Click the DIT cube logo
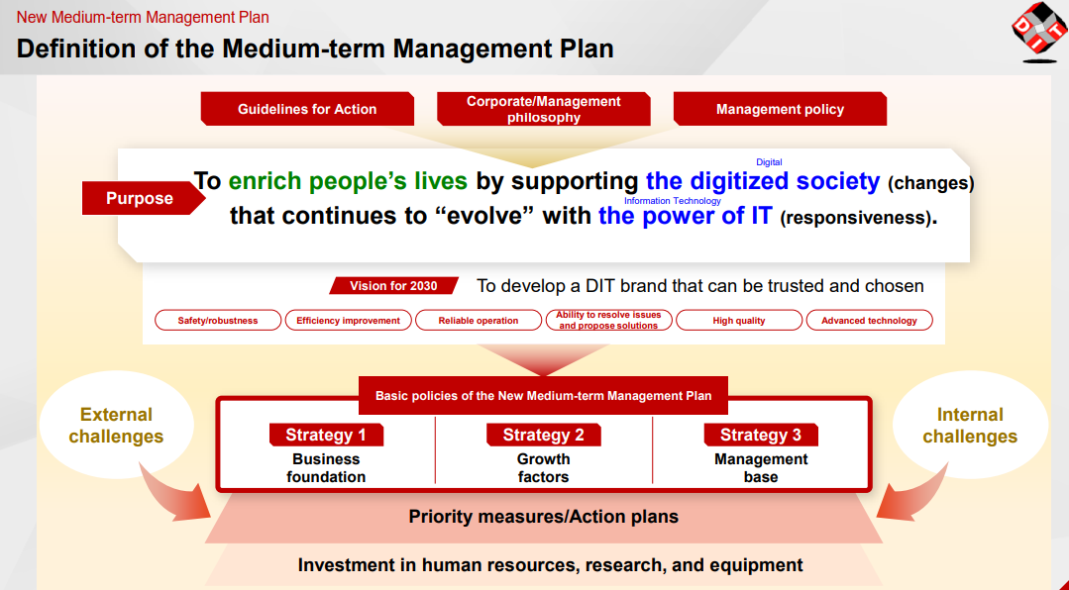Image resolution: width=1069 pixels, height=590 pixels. tap(1039, 32)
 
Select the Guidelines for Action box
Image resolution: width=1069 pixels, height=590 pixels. tap(307, 109)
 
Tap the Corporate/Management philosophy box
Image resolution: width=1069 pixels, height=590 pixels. tap(543, 109)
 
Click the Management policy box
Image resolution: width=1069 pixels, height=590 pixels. tap(780, 109)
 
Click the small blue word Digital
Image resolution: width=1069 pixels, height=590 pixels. tap(769, 162)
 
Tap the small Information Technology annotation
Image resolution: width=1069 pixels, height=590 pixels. tap(673, 201)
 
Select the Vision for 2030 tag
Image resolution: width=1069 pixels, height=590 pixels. tap(393, 285)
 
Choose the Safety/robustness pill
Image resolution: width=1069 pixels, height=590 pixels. tap(218, 320)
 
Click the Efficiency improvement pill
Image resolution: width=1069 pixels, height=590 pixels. tap(349, 320)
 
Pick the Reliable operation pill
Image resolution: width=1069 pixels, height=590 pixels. tap(479, 320)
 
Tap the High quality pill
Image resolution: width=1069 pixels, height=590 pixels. tap(739, 320)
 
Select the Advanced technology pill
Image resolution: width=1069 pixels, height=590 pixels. tap(869, 320)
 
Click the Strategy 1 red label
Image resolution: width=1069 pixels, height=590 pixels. tap(326, 435)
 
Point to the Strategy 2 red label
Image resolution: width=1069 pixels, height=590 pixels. tap(543, 435)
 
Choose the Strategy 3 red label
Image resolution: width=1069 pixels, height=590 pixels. tap(761, 435)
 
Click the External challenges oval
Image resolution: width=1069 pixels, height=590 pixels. tap(117, 425)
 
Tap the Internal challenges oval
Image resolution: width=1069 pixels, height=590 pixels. tap(970, 425)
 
